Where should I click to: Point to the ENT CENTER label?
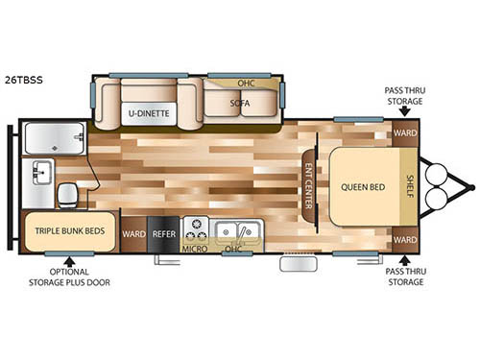click(x=309, y=186)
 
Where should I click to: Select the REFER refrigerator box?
click(x=163, y=231)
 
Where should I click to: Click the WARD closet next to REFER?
click(x=133, y=231)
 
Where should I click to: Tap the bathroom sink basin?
click(x=41, y=174)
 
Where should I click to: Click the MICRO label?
click(x=196, y=250)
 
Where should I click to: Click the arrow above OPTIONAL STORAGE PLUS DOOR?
click(x=68, y=258)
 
